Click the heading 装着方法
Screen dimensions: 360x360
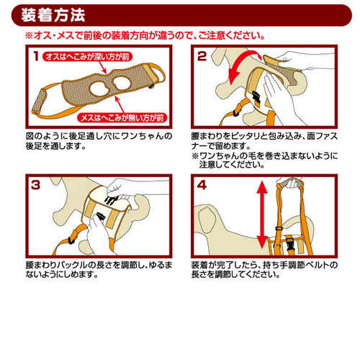coord(53,15)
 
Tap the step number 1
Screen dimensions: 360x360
coord(36,57)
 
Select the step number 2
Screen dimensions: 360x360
coord(202,56)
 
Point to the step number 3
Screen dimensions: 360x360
coord(35,185)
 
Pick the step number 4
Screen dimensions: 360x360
coord(202,185)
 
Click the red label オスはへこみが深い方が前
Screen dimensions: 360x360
coord(87,57)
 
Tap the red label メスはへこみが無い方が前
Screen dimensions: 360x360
coord(122,118)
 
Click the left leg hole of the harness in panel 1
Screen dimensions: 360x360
coord(99,89)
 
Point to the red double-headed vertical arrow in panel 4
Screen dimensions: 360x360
coord(262,215)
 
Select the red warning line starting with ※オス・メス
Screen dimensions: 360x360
coord(145,36)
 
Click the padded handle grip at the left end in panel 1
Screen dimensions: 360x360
coord(40,102)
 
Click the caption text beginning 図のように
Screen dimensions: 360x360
coord(99,141)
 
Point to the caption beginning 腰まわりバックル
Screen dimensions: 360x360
coord(99,269)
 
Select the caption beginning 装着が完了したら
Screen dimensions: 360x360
coord(264,269)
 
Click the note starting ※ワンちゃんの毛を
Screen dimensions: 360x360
coord(265,160)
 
